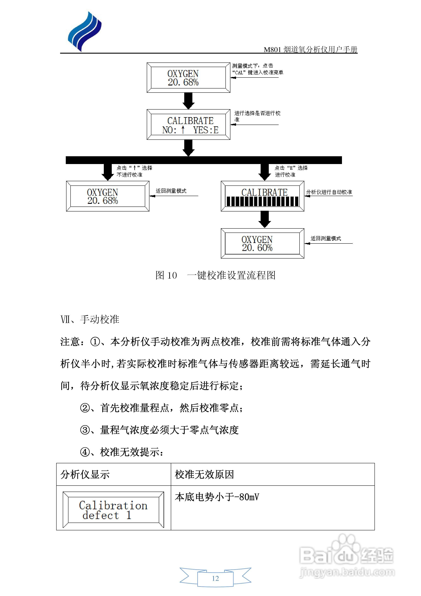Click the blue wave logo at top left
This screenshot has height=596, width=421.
[x=84, y=32]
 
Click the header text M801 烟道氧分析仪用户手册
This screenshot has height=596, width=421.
[x=310, y=50]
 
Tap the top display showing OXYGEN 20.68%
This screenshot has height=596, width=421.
[x=188, y=78]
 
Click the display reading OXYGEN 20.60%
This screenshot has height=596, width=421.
[x=262, y=243]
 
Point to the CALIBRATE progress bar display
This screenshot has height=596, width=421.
[x=262, y=196]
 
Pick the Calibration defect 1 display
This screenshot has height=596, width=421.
[x=113, y=510]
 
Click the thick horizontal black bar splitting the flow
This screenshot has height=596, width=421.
[x=204, y=160]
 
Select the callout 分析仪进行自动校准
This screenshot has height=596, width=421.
[x=329, y=192]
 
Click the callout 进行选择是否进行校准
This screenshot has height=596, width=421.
[x=257, y=116]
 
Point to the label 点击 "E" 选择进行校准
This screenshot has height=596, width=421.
[x=291, y=171]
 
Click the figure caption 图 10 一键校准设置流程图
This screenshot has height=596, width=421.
[x=215, y=275]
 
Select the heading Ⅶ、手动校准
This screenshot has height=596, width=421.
[x=90, y=320]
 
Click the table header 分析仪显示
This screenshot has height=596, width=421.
[x=85, y=474]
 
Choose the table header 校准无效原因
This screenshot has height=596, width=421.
[x=204, y=474]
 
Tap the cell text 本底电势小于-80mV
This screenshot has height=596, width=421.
[x=217, y=497]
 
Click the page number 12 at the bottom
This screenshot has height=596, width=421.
[x=215, y=578]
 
